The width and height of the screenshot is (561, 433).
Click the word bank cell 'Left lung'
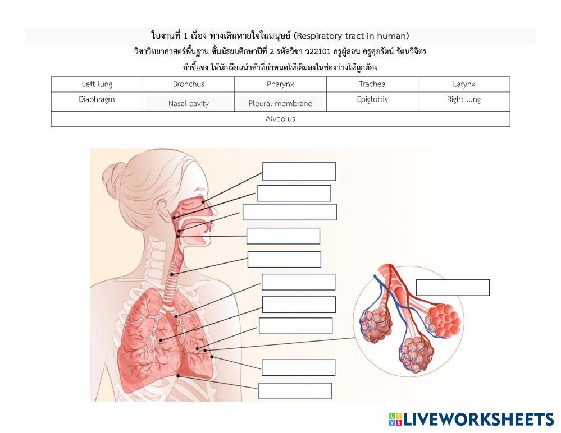pyautogui.click(x=97, y=85)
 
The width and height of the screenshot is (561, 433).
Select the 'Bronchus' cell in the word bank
pyautogui.click(x=188, y=85)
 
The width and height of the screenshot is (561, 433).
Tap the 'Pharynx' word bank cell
pyautogui.click(x=280, y=85)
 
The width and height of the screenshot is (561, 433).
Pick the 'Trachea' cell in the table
pyautogui.click(x=372, y=85)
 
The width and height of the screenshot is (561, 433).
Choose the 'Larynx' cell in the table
pyautogui.click(x=464, y=85)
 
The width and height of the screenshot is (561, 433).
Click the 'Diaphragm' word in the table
pyautogui.click(x=97, y=100)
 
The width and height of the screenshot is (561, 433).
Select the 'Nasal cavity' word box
pyautogui.click(x=188, y=104)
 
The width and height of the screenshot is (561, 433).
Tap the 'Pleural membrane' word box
pyautogui.click(x=280, y=104)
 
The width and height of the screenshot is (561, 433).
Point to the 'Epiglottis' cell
pyautogui.click(x=372, y=100)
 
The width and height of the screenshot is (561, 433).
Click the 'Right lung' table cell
pyautogui.click(x=464, y=100)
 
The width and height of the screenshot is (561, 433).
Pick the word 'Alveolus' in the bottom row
pyautogui.click(x=280, y=119)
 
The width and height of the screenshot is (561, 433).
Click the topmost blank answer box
pyautogui.click(x=299, y=172)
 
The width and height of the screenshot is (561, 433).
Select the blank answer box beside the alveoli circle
pyautogui.click(x=452, y=288)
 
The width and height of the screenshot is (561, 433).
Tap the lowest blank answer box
pyautogui.click(x=295, y=391)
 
